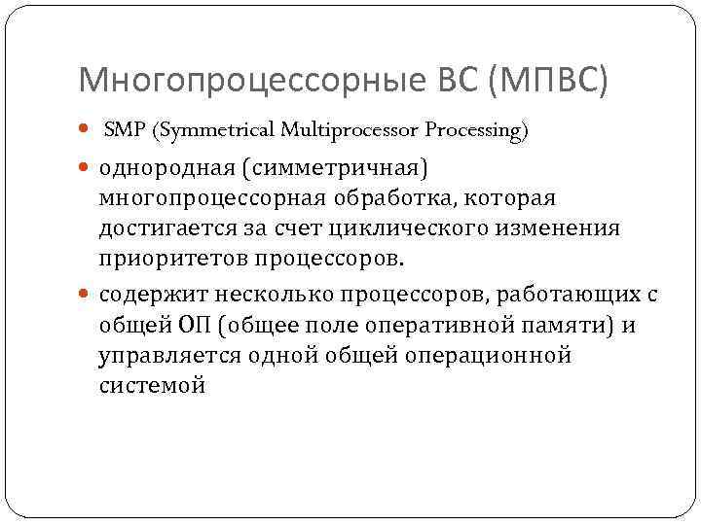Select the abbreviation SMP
tap(121, 130)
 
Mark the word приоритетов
tap(172, 261)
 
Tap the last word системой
tap(152, 387)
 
